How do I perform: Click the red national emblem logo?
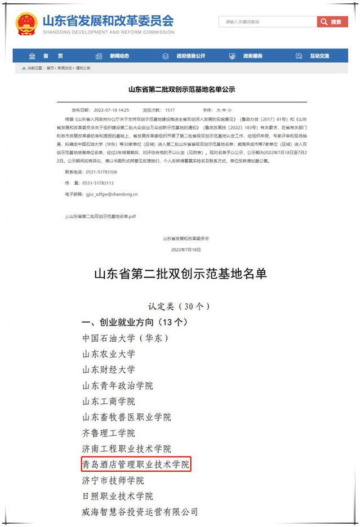[x=26, y=23]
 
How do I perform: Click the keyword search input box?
[x=267, y=22]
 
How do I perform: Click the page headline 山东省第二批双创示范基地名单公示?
[x=180, y=90]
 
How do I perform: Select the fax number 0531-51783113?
[x=97, y=183]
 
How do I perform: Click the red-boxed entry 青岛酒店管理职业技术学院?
[x=136, y=465]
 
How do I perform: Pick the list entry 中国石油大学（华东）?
[x=125, y=338]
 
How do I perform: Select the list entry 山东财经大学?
[x=109, y=370]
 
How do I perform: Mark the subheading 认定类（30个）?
[x=179, y=307]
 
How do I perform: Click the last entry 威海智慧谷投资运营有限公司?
[x=140, y=512]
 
